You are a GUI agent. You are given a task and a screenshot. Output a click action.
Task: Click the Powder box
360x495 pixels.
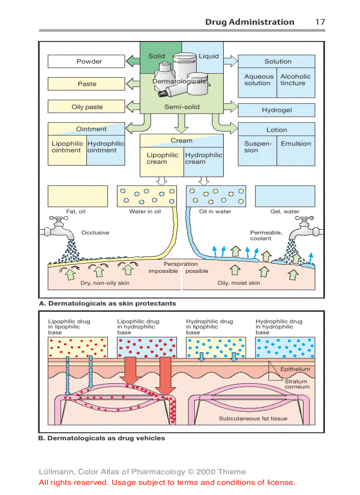86,61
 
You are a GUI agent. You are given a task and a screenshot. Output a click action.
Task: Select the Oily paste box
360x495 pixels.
86,107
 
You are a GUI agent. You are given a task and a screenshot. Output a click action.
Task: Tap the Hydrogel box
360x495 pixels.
277,110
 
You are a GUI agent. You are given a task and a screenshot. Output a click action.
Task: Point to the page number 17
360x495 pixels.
320,22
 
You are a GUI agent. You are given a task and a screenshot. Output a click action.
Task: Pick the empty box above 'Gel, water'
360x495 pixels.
285,196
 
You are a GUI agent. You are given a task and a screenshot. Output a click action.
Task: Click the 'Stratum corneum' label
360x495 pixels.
297,384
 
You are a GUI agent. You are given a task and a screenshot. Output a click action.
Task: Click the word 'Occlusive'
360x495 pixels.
95,232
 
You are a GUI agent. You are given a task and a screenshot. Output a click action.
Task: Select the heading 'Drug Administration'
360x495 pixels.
249,22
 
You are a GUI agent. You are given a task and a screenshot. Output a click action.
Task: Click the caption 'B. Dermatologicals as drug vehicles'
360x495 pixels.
102,438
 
